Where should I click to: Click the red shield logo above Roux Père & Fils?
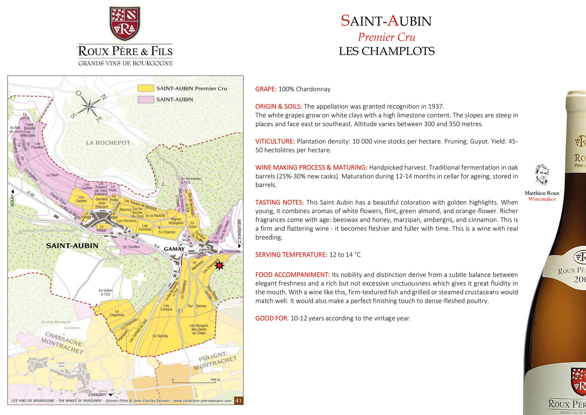[x=124, y=24]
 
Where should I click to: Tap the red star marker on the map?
[x=219, y=265]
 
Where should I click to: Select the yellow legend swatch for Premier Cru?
[x=146, y=88]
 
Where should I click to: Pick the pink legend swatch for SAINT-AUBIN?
[x=146, y=99]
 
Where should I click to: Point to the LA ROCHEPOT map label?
[x=108, y=143]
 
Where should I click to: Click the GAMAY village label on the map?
[x=174, y=249]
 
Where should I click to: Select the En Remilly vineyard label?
[x=160, y=336]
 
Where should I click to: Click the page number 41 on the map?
[x=238, y=401]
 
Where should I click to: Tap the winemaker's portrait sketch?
[x=541, y=175]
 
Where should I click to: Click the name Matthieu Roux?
[x=542, y=193]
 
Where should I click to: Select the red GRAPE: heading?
[x=266, y=89]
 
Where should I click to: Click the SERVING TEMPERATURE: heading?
[x=291, y=255]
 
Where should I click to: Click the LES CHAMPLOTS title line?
[x=386, y=51]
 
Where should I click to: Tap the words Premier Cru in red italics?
[x=386, y=37]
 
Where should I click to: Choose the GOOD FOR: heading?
[x=272, y=319]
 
